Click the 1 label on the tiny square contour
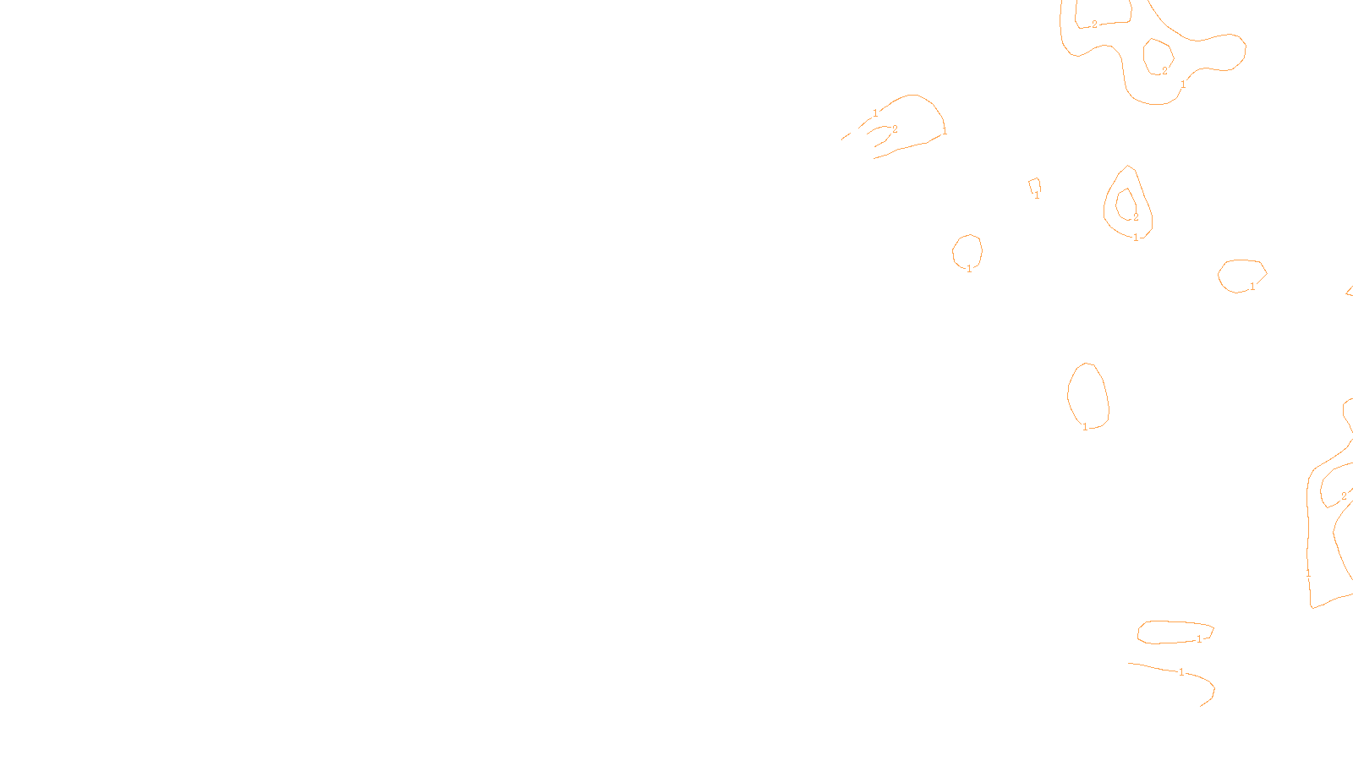click(1038, 195)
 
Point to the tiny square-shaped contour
click(1034, 185)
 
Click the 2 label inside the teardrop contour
click(1136, 217)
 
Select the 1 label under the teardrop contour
click(1136, 238)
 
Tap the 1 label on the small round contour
click(969, 269)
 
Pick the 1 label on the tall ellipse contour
click(1086, 427)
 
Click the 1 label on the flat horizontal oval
click(1199, 639)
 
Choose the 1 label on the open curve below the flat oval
click(1181, 672)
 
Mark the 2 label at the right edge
click(1344, 496)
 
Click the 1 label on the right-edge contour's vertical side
click(1308, 572)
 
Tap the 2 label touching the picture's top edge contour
click(1094, 25)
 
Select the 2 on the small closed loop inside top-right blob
click(1164, 71)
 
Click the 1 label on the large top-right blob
click(1183, 85)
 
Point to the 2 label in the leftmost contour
click(895, 129)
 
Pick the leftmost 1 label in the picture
click(875, 112)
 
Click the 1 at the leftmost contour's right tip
click(945, 132)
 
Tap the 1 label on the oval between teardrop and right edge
click(1252, 287)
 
